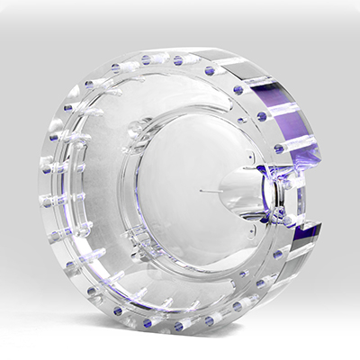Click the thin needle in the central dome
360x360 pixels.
pos(211,191)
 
